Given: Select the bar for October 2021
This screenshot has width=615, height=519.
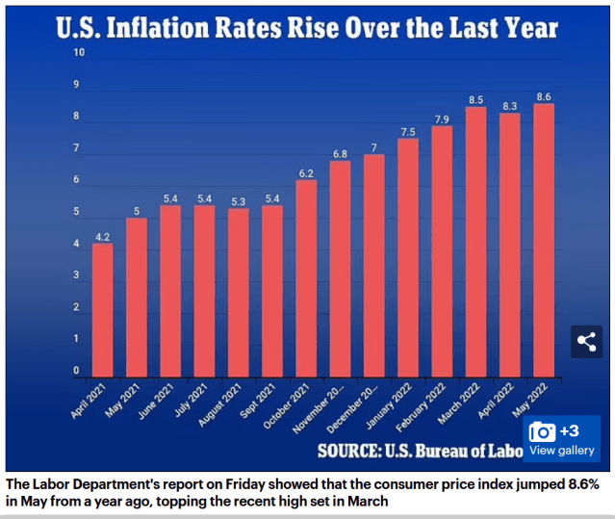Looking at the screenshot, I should click(x=306, y=279).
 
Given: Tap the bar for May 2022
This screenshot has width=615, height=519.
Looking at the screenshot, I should click(x=544, y=241).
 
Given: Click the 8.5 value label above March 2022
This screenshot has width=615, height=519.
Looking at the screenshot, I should click(x=475, y=98).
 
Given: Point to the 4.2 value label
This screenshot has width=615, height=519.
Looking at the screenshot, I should click(x=103, y=234).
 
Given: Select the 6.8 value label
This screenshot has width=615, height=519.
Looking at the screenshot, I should click(x=340, y=153).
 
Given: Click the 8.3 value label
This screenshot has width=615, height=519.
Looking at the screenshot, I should click(x=509, y=104).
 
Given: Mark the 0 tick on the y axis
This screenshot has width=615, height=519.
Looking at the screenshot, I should click(x=76, y=371).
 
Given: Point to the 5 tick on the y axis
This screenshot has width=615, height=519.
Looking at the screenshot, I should click(x=76, y=212).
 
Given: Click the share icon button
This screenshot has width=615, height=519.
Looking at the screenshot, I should click(x=586, y=341).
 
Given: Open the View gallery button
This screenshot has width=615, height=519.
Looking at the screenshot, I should click(x=563, y=439).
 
